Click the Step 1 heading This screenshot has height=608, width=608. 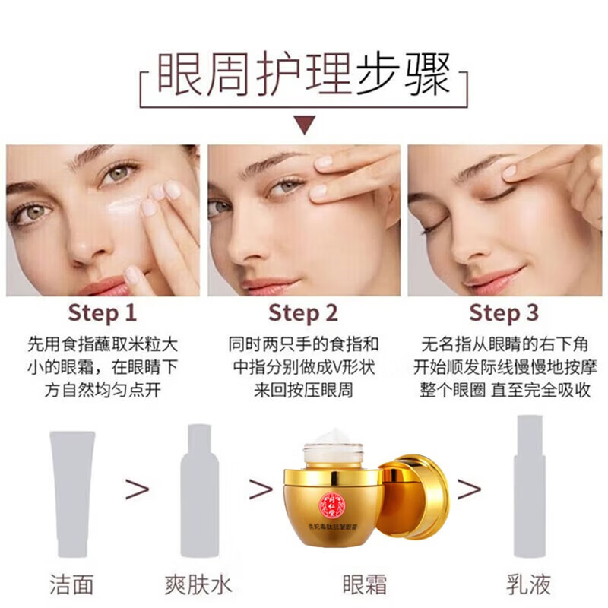point(103,312)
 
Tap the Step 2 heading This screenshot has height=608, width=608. point(303,312)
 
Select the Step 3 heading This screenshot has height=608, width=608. point(504,312)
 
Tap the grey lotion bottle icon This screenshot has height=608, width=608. point(530,486)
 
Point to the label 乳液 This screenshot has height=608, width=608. point(530,584)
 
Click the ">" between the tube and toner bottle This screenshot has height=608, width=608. point(138,490)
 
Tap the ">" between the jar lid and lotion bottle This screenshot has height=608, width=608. point(468,490)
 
